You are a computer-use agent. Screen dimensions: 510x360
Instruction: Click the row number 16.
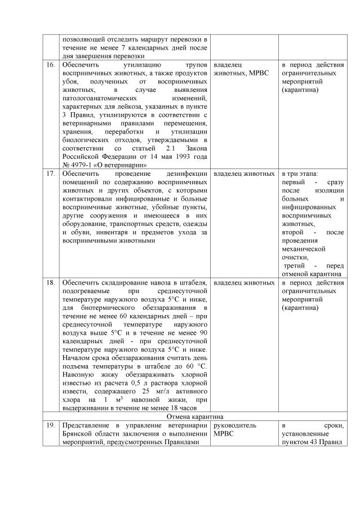51,65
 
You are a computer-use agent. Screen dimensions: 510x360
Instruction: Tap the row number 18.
51,282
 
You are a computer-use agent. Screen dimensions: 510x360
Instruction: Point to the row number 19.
51,426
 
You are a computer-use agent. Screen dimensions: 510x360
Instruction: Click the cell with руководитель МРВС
235,430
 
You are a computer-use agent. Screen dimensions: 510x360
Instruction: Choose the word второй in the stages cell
292,232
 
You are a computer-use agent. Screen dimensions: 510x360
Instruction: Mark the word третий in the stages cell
295,265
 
